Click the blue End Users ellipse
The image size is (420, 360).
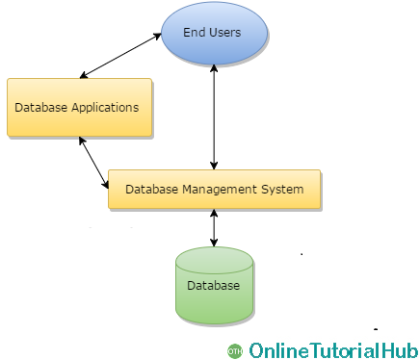point(214,33)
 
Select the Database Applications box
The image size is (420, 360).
point(79,107)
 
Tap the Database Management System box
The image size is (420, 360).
point(214,189)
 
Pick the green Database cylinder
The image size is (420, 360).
point(214,285)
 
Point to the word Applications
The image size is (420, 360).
point(105,108)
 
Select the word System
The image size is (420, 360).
point(282,190)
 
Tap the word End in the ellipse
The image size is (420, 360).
point(195,33)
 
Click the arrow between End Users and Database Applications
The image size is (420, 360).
point(120,56)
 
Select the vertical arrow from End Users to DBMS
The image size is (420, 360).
point(214,117)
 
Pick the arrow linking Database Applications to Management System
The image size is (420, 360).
point(93,163)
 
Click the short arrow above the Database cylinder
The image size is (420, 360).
point(214,228)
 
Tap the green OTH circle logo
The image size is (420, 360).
point(235,351)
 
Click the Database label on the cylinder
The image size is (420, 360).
point(214,286)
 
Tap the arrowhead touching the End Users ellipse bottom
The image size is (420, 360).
point(214,68)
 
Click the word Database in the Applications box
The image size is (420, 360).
point(41,107)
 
